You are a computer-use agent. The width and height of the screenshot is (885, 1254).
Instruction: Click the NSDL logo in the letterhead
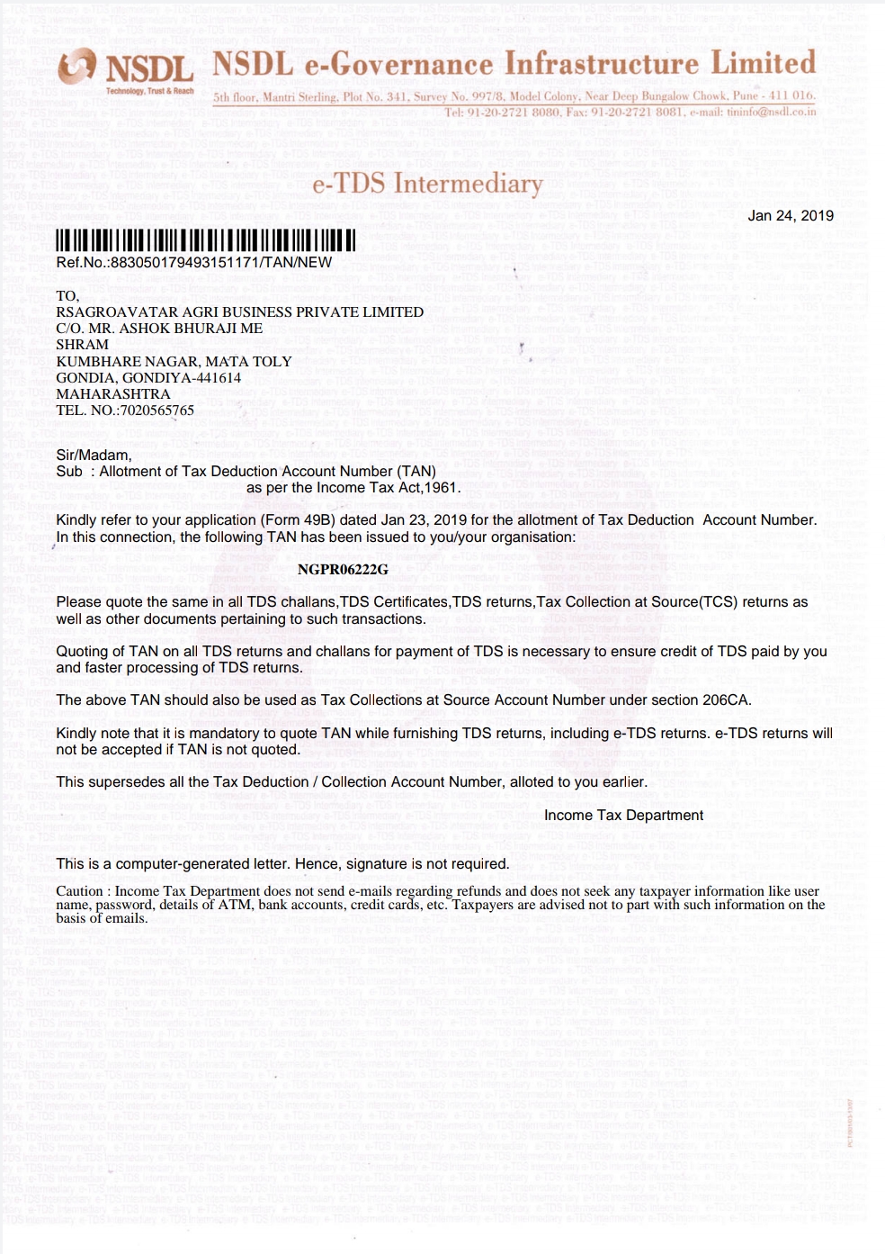pyautogui.click(x=127, y=70)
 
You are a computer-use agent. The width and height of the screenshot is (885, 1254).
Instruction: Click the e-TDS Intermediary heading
pyautogui.click(x=427, y=184)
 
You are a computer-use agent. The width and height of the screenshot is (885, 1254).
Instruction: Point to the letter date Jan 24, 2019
pyautogui.click(x=791, y=216)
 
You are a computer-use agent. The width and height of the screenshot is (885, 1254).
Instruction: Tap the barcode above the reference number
pyautogui.click(x=206, y=240)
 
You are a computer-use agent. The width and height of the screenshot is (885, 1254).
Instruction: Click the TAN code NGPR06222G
pyautogui.click(x=343, y=569)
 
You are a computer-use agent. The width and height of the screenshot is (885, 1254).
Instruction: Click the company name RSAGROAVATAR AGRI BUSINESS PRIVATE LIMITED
pyautogui.click(x=239, y=312)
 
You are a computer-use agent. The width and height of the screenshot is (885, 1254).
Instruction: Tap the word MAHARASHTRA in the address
pyautogui.click(x=113, y=394)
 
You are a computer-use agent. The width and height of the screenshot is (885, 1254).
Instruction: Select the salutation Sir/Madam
pyautogui.click(x=94, y=455)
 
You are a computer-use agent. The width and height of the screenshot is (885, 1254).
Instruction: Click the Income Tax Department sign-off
pyautogui.click(x=623, y=816)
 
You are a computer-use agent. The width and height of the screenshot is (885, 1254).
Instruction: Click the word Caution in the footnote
pyautogui.click(x=79, y=891)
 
